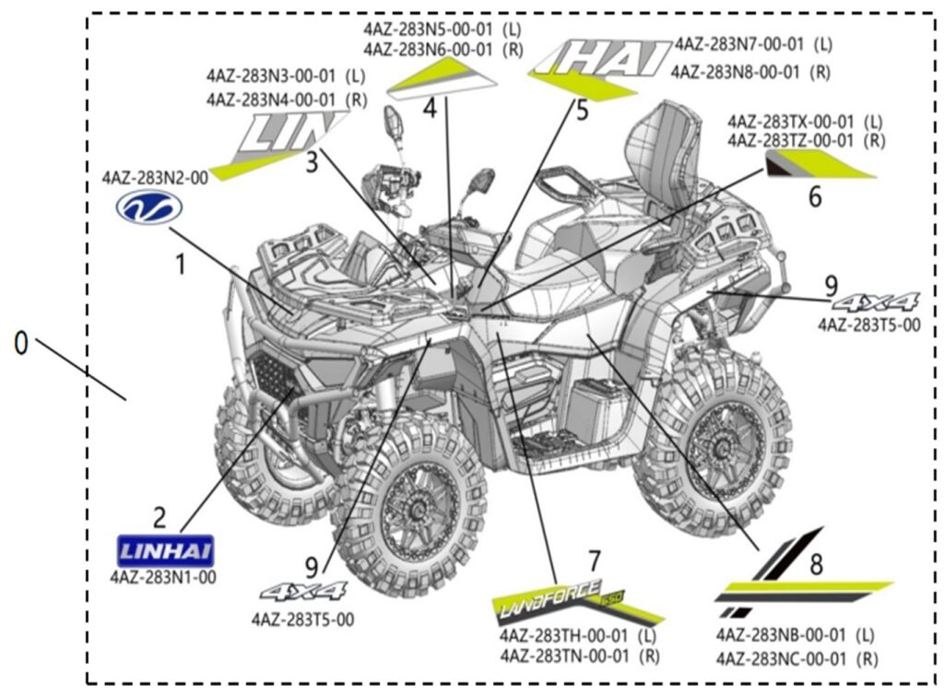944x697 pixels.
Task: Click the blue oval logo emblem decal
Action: (x=149, y=209)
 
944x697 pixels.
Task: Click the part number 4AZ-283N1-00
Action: (x=163, y=577)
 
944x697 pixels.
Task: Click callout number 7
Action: (x=595, y=559)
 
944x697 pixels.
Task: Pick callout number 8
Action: (x=816, y=561)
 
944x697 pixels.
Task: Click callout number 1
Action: (x=182, y=265)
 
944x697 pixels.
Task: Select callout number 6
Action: (x=814, y=195)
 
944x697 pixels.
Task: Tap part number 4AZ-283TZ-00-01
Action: (x=792, y=140)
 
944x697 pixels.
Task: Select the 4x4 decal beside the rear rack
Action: (x=875, y=301)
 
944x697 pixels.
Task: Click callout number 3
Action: (x=312, y=161)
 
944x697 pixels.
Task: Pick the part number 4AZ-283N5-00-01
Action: (x=429, y=29)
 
